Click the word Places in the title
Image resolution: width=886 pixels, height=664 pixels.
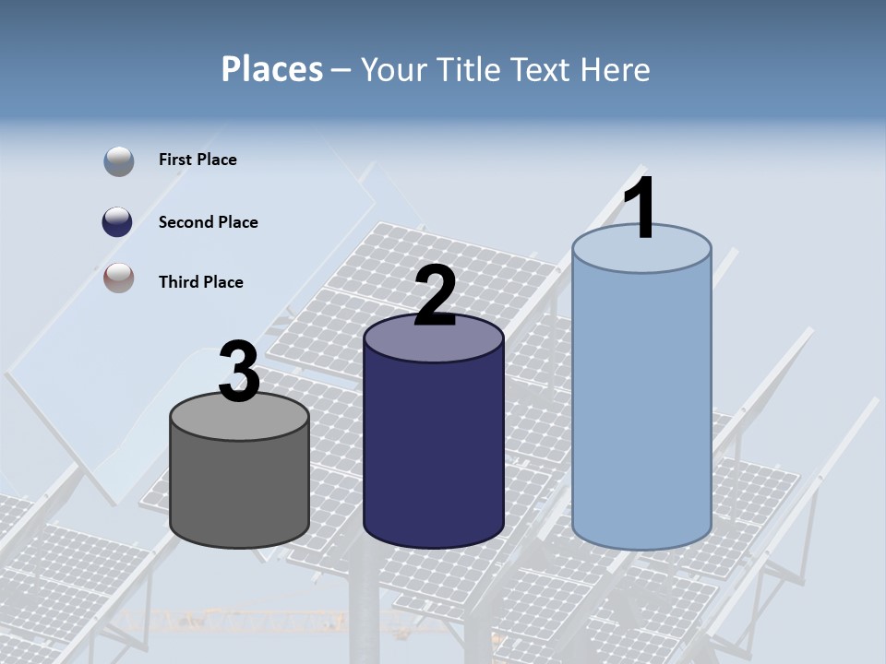[x=272, y=69]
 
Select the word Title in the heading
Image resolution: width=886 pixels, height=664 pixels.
[x=467, y=69]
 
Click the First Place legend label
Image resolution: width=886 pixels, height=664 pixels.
[x=198, y=160]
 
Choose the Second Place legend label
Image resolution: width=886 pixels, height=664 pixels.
[x=208, y=222]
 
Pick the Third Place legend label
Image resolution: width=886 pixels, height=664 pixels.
[x=200, y=282]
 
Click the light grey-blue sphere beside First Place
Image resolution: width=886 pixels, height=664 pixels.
[x=118, y=161]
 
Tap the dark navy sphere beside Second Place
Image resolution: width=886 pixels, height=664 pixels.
[x=118, y=222]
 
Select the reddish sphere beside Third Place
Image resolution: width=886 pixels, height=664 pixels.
[x=118, y=278]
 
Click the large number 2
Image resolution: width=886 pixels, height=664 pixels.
[x=435, y=296]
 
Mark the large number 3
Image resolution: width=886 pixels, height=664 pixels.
[x=239, y=373]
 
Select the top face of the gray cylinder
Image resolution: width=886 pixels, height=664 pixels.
[x=239, y=418]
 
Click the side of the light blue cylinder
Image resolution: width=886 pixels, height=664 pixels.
[x=641, y=406]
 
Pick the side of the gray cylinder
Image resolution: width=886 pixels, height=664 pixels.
[x=239, y=489]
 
